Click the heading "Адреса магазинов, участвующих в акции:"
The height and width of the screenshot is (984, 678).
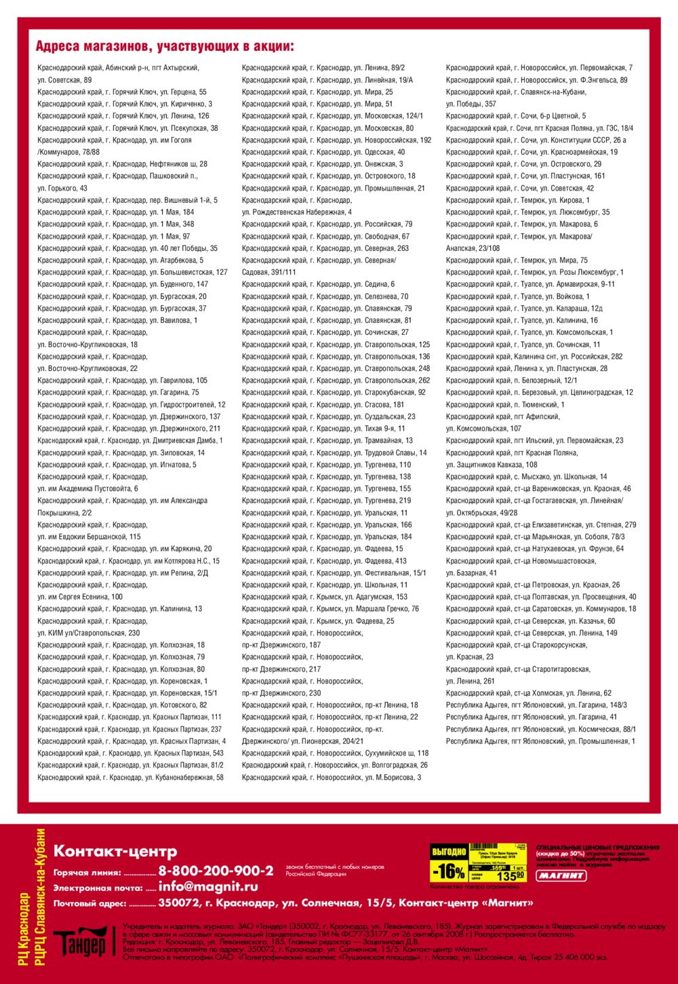[165, 46]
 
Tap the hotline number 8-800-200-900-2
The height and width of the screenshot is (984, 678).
[216, 871]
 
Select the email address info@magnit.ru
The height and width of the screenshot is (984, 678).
[208, 886]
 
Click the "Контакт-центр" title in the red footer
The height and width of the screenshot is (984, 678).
[115, 851]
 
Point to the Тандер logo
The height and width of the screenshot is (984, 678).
[80, 942]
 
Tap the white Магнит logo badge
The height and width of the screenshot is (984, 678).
[561, 875]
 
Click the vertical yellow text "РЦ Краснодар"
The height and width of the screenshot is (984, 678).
[24, 929]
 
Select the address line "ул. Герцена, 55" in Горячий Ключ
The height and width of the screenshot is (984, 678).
[122, 92]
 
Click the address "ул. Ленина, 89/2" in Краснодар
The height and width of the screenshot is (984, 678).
[323, 68]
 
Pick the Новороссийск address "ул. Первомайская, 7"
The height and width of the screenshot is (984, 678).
[539, 68]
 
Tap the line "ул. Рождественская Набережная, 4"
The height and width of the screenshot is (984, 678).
[296, 212]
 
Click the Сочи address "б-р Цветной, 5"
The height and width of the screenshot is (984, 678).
[516, 116]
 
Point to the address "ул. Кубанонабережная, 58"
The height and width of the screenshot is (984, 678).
[130, 777]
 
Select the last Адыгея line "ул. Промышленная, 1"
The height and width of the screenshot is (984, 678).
[540, 741]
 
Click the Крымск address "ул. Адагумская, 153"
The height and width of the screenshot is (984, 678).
[325, 597]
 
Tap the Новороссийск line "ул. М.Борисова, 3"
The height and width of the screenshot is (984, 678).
[332, 777]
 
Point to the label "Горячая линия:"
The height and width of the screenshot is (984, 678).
[87, 873]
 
